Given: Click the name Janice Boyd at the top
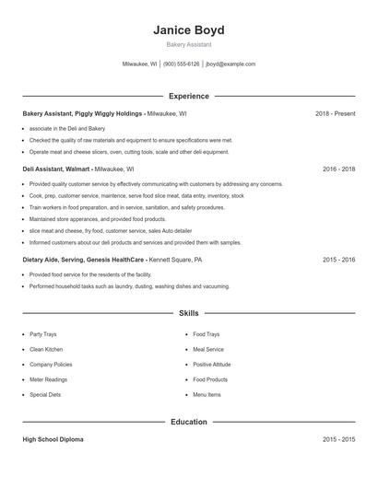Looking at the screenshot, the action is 188,29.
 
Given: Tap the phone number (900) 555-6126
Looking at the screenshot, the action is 181,64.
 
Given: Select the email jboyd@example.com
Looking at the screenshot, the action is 230,64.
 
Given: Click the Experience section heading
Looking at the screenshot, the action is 188,96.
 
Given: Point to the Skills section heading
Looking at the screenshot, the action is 188,313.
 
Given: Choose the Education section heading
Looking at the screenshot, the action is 188,422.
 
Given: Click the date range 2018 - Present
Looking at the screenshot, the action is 335,113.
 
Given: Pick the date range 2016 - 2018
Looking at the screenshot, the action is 338,169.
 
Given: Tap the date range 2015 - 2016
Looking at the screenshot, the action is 338,260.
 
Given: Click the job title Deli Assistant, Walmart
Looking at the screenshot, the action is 56,169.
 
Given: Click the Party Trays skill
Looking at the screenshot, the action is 42,334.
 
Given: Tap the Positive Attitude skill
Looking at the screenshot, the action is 212,365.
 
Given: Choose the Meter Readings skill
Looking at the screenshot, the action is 48,379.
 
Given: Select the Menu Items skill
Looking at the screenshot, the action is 207,394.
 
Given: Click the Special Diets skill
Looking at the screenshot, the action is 45,394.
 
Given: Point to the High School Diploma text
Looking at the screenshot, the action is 53,440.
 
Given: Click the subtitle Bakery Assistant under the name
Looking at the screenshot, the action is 188,44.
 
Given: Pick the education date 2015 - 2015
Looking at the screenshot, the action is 338,440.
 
